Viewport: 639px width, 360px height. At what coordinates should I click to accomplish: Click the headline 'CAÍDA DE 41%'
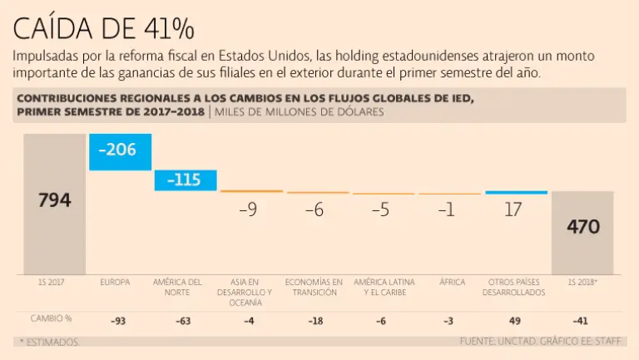click(104, 28)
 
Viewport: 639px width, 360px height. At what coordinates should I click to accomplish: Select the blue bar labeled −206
click(119, 151)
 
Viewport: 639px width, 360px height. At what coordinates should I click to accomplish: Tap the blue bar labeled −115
click(185, 180)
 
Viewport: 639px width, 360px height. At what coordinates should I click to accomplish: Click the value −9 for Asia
click(248, 210)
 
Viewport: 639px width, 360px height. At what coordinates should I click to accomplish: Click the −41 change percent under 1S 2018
click(583, 320)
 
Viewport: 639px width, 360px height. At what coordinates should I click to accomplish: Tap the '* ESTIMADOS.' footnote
click(49, 342)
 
